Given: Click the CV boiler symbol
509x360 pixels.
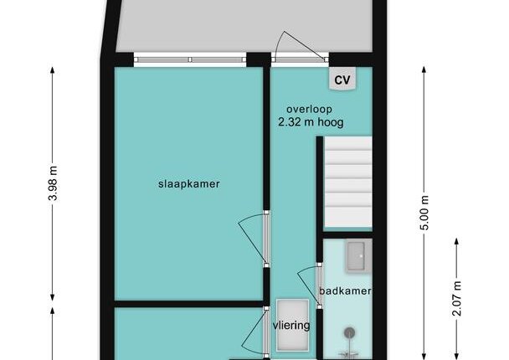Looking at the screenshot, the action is [x=342, y=79].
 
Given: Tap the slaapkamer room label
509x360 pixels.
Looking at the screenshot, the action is [x=189, y=183].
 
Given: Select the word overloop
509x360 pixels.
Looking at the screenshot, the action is [x=309, y=110].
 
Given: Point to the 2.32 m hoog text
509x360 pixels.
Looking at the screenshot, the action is [x=311, y=122].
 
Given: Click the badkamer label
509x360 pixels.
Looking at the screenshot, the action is [x=345, y=291].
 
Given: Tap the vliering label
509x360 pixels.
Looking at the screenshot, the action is [x=291, y=326].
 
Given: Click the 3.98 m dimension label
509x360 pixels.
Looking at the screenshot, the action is [x=53, y=183].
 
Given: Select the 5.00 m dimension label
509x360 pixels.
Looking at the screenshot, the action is [x=424, y=213].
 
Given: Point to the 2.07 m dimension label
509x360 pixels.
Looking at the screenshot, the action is [x=456, y=299].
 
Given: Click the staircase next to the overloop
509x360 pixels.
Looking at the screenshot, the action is [x=348, y=182].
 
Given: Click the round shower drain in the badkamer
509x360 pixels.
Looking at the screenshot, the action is [x=349, y=332].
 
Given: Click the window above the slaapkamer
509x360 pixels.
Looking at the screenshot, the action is [x=190, y=59].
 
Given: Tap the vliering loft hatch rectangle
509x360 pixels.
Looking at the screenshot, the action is [x=292, y=326].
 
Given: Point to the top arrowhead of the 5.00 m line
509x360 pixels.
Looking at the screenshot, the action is [x=424, y=69].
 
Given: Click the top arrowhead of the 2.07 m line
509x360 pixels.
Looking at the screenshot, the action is [x=456, y=241].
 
